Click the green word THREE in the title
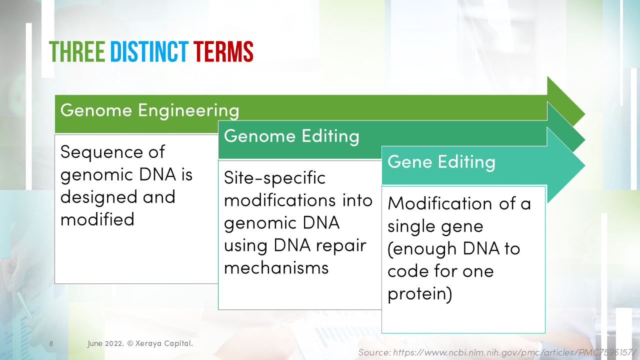point(76,51)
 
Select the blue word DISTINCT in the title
point(149,51)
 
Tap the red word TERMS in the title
point(223,51)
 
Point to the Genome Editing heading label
point(291,136)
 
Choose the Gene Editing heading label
point(441,162)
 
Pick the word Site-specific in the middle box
point(274,177)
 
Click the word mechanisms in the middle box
point(276,267)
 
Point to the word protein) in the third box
point(420,293)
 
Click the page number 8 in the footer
point(51,344)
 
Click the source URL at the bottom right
point(497,352)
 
